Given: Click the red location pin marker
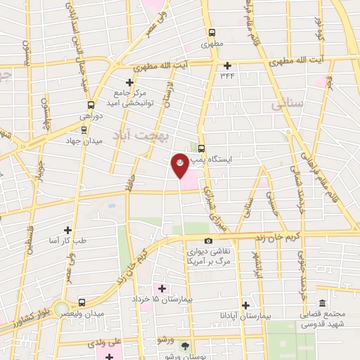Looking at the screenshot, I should (180, 164).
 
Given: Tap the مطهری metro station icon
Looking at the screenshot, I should (212, 32).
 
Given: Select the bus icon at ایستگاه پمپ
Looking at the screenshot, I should (202, 148).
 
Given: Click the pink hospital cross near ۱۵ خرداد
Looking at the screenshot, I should (162, 288).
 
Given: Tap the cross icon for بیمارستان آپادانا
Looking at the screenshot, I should (245, 305).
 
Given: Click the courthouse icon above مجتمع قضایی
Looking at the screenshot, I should (323, 304).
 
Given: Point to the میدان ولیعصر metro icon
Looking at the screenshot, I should (82, 302).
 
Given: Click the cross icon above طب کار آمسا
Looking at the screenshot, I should (67, 230).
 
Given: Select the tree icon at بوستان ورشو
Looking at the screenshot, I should (185, 345).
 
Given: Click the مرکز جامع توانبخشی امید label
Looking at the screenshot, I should (129, 98).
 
